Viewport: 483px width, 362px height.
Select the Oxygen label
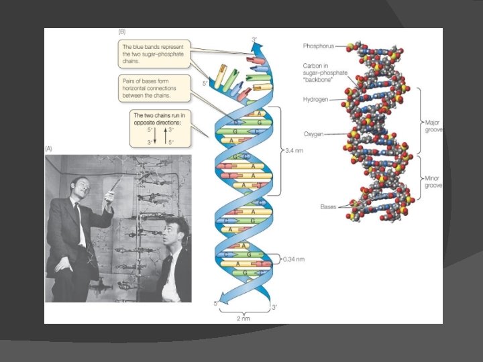[313, 134]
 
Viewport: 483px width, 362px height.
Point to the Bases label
[329, 206]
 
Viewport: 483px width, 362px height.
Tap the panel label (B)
[121, 32]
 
